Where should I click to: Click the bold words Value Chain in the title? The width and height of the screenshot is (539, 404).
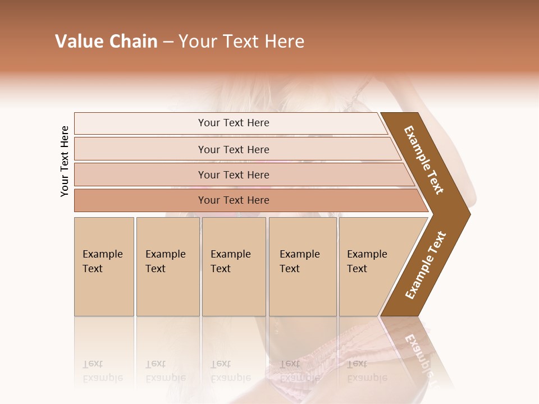pyautogui.click(x=106, y=42)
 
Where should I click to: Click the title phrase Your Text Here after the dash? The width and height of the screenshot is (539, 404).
pyautogui.click(x=241, y=42)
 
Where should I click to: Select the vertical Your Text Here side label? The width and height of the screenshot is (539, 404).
pyautogui.click(x=65, y=162)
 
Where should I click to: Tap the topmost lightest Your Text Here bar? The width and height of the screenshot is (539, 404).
pyautogui.click(x=140, y=123)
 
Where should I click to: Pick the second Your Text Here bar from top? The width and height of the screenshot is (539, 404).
pyautogui.click(x=140, y=149)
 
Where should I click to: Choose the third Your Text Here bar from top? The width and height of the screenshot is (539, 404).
pyautogui.click(x=140, y=175)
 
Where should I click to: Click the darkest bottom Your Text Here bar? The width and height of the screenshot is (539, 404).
pyautogui.click(x=140, y=200)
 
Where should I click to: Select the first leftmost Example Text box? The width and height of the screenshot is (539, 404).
pyautogui.click(x=104, y=267)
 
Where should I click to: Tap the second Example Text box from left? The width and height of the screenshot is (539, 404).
pyautogui.click(x=167, y=267)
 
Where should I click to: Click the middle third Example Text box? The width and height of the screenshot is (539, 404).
pyautogui.click(x=234, y=267)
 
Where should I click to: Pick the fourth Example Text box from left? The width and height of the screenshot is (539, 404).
pyautogui.click(x=303, y=267)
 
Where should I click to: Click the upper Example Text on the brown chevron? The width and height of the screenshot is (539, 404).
pyautogui.click(x=424, y=160)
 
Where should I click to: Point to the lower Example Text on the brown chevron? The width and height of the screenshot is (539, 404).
pyautogui.click(x=426, y=265)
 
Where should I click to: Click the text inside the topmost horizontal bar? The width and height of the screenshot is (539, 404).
pyautogui.click(x=234, y=123)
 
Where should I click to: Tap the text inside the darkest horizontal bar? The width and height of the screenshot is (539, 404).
pyautogui.click(x=234, y=200)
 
